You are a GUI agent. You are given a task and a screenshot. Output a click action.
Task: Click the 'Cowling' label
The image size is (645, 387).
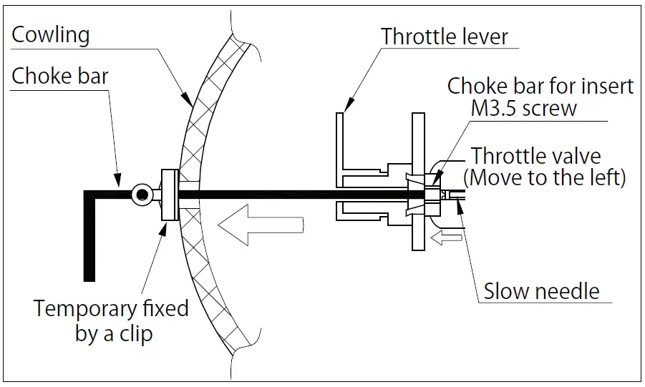coord(51,35)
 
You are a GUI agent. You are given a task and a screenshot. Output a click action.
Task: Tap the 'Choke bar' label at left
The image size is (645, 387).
coord(60,76)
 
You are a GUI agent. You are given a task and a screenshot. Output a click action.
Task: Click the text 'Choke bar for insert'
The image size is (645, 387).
coord(540,87)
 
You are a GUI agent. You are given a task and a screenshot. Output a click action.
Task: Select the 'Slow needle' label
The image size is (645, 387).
coord(542,291)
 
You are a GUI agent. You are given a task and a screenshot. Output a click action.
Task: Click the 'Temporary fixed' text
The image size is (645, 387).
coord(111,309)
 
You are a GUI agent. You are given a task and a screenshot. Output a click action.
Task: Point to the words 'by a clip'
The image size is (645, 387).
coord(114,333)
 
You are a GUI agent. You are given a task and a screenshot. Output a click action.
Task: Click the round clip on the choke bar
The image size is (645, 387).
coord(142,194)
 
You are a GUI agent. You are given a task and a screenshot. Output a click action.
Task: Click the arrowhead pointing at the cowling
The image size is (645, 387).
coord(187,100)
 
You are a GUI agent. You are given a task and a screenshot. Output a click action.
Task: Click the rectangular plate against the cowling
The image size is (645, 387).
coord(170,195)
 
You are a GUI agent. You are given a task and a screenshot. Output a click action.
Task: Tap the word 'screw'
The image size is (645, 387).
coord(552,109)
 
